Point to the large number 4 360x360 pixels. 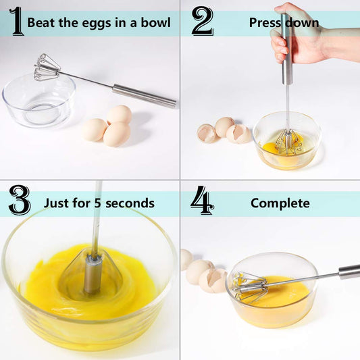click(x=202, y=201)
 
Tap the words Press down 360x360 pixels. click(x=284, y=23)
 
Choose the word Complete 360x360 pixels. click(x=280, y=203)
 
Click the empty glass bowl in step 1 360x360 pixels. click(x=38, y=101)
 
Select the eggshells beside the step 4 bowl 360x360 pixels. click(x=203, y=274)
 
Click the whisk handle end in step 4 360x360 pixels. click(x=349, y=272)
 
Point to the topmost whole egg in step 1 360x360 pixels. click(x=120, y=114)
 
